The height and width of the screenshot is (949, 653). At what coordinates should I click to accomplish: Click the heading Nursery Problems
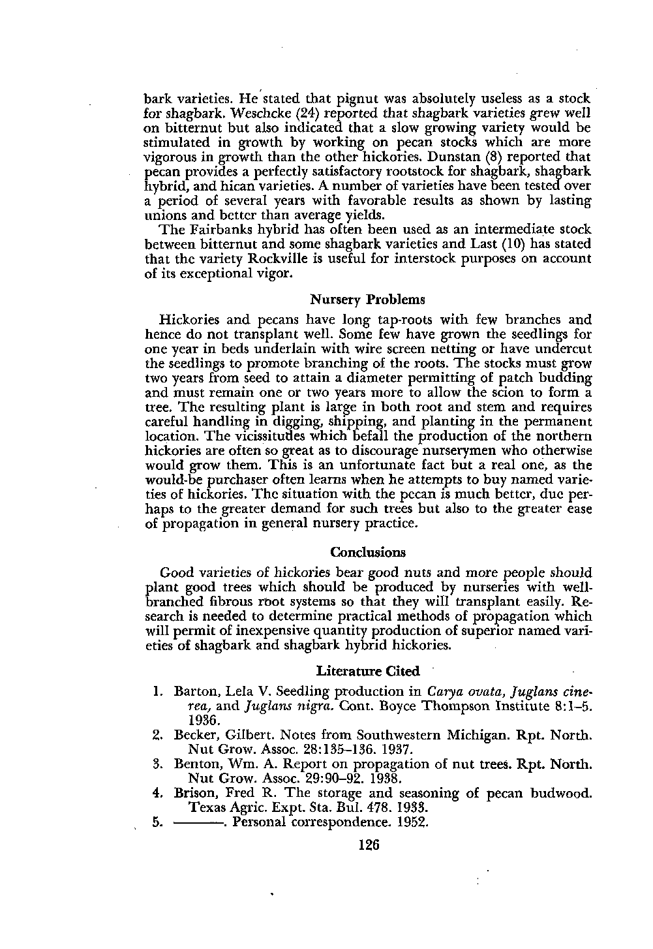tap(367, 300)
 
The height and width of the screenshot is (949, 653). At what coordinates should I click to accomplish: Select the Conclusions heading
tap(368, 552)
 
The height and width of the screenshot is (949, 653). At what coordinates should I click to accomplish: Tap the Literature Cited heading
tap(367, 671)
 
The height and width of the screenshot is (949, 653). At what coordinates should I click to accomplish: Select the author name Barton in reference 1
tap(195, 691)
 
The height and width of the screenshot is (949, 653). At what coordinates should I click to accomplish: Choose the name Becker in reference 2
tap(194, 735)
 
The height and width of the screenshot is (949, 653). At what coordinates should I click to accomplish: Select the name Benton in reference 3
tap(196, 764)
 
